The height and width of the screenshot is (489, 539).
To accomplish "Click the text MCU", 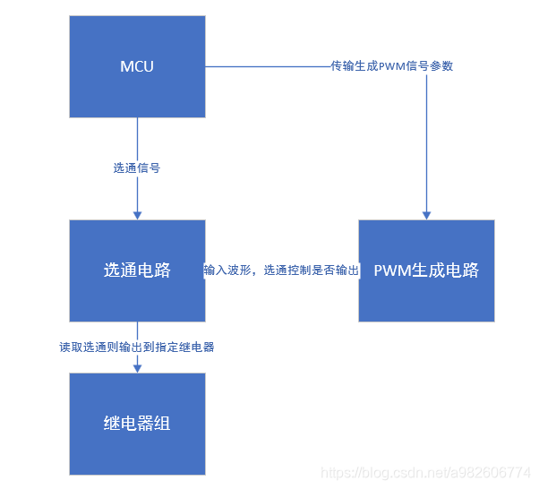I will [137, 65].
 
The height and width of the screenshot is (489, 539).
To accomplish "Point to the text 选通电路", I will [137, 270].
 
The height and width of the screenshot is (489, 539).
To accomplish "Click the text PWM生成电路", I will [426, 270].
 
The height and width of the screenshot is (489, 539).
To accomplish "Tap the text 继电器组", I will [137, 424].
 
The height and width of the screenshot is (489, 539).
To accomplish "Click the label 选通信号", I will [137, 167].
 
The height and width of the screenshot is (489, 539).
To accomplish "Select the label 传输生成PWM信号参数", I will [391, 65].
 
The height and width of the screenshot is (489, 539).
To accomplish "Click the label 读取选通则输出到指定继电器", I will [137, 347].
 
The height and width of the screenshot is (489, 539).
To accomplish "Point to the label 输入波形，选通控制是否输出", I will [281, 270].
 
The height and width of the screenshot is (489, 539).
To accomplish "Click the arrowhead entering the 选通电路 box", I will [137, 215].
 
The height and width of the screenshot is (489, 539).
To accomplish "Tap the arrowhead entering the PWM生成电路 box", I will [426, 215].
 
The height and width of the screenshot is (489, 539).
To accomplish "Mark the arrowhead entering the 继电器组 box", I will [137, 367].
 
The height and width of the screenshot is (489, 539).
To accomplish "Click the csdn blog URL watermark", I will [425, 472].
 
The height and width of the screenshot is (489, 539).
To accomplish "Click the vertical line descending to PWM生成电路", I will [426, 143].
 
